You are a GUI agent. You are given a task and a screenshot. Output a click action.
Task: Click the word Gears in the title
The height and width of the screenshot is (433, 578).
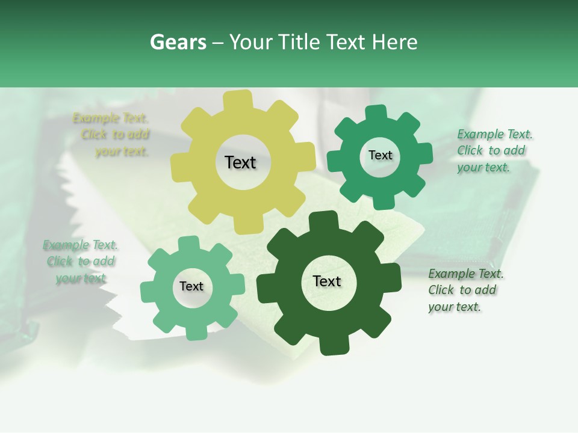177,42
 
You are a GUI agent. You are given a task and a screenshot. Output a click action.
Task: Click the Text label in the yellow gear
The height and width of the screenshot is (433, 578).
240,162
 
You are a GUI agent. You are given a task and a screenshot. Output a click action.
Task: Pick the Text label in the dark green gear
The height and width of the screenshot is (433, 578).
327,281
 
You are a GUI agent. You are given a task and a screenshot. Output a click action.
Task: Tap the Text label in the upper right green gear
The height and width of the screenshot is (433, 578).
381,155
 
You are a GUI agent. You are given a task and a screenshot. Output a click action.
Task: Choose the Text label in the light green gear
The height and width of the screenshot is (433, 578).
191,286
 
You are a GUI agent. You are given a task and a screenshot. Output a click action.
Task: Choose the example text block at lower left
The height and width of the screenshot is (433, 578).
81,262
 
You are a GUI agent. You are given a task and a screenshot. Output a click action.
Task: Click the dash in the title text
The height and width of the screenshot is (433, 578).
219,42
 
